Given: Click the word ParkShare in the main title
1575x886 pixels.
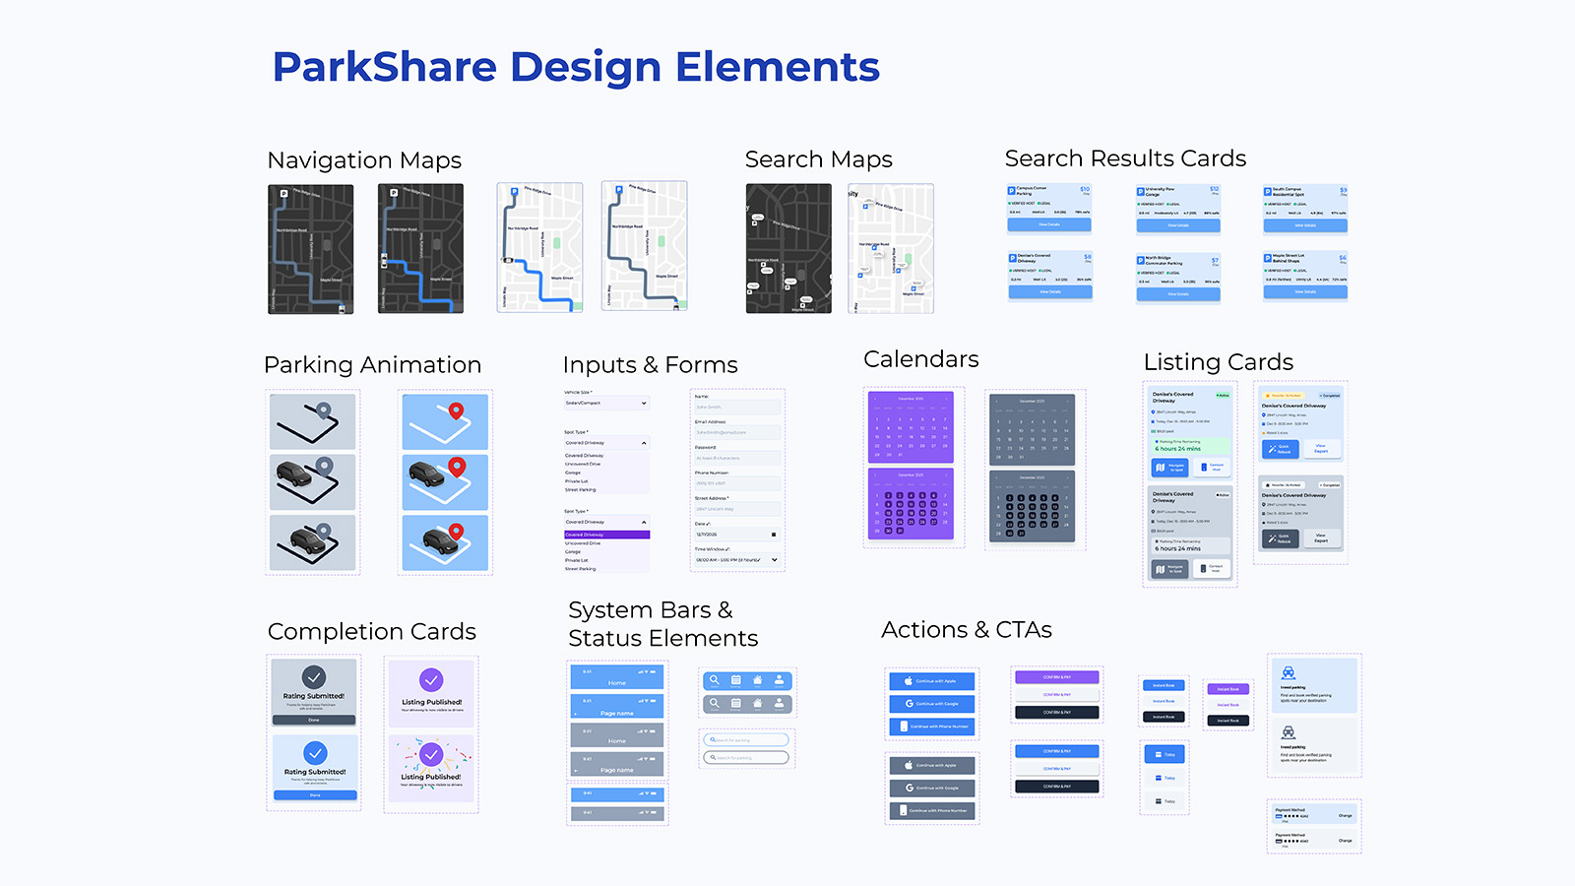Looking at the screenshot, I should (384, 67).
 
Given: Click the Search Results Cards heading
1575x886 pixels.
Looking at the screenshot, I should (1125, 158).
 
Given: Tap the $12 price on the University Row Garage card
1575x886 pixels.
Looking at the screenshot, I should (1214, 188).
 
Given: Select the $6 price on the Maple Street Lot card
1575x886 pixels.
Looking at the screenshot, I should (1342, 258).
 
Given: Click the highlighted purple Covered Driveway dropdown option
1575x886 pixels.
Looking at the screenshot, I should (606, 535).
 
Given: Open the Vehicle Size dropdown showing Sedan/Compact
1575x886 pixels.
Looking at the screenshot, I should (606, 403).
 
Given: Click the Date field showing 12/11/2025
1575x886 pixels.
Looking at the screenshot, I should (736, 535).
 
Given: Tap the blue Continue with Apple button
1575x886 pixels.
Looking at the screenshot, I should (931, 681).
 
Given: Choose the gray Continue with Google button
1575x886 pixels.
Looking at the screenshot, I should (931, 788).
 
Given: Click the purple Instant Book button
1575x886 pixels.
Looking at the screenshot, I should (1228, 689).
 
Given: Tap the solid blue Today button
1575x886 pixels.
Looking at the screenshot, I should (1165, 754).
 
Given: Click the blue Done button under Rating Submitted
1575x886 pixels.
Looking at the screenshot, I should (315, 794).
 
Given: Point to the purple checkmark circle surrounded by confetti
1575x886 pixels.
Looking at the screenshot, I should (431, 754).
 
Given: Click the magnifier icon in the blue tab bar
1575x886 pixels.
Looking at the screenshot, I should (715, 680).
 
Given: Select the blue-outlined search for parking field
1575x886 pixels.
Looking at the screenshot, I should (747, 740).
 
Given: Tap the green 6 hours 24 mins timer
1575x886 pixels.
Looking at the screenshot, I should (1178, 449).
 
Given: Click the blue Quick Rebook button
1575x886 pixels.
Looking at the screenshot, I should (1281, 449).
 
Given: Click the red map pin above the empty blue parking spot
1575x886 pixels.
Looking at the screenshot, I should (456, 411).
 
